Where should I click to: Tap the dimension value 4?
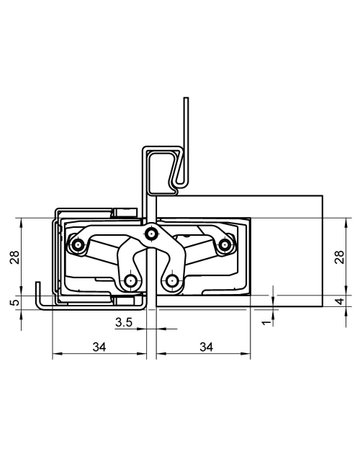coord(343,300)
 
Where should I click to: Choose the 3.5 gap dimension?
coord(125,322)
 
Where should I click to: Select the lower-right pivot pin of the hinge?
coord(174,282)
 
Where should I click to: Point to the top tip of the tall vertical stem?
coord(186,100)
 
